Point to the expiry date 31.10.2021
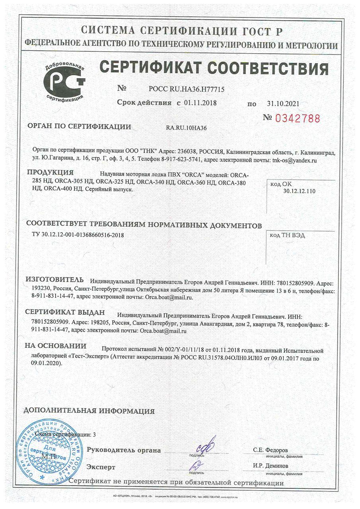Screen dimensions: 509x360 (x=282, y=104)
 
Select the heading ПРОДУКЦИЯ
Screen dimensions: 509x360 (x=50, y=173)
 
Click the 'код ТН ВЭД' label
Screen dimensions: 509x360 (x=288, y=235)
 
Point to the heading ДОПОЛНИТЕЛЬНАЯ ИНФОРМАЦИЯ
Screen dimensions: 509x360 (x=90, y=411)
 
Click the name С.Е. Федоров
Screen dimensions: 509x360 (x=270, y=450)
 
